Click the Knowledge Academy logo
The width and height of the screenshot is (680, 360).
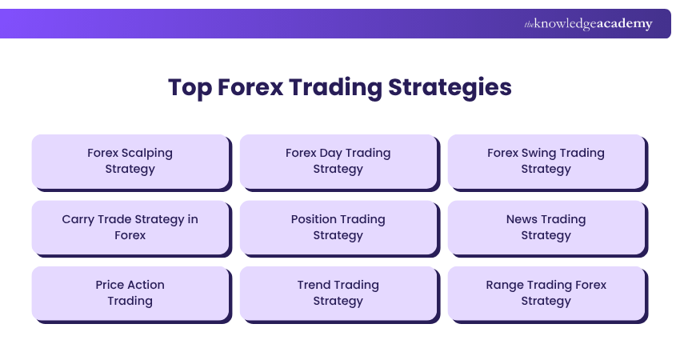[588, 24]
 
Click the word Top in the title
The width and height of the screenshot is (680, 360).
[189, 87]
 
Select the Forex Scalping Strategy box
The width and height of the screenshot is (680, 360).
[130, 161]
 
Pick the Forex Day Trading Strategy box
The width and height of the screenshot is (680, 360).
[338, 161]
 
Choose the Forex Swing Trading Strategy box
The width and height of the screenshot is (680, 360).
[546, 161]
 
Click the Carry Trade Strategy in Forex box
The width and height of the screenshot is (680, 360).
[130, 227]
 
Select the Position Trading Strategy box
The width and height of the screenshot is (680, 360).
[338, 227]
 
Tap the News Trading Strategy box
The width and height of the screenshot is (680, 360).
[546, 227]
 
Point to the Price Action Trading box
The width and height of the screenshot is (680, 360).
[130, 293]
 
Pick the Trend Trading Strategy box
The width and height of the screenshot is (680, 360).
[338, 293]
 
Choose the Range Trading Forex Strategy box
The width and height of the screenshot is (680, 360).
[546, 293]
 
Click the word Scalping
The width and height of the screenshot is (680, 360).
[147, 153]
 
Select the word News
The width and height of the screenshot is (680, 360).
[522, 219]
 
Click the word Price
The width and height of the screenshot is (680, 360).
[110, 285]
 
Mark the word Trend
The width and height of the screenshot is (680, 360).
[314, 285]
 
